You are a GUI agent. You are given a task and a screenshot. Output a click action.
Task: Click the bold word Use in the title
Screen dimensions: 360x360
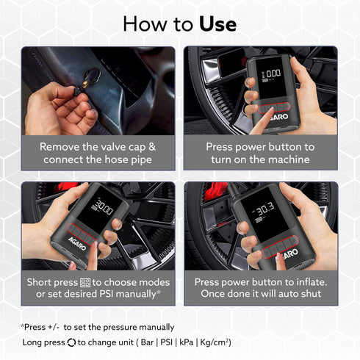click(217, 24)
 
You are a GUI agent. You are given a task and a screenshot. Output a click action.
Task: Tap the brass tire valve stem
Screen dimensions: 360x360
click(86, 84)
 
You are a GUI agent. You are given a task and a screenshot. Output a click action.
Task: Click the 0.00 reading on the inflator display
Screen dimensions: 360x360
click(273, 73)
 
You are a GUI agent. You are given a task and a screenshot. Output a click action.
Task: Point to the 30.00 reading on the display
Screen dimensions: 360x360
click(104, 208)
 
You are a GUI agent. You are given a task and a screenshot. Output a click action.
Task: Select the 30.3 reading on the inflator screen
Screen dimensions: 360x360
click(265, 209)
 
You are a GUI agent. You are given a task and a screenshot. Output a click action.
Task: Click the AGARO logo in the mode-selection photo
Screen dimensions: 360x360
click(77, 243)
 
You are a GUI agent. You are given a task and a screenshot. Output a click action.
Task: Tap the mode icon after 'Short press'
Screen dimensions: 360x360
click(85, 282)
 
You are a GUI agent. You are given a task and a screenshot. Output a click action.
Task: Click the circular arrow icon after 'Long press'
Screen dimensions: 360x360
click(71, 342)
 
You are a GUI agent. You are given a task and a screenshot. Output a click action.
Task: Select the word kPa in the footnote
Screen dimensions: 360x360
click(187, 342)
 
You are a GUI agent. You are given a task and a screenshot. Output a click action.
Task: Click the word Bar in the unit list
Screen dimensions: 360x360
click(147, 342)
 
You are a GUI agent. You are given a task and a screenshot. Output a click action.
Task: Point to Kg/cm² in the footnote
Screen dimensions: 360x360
click(215, 342)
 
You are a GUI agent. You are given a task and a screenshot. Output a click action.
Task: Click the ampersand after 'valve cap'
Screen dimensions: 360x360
click(152, 147)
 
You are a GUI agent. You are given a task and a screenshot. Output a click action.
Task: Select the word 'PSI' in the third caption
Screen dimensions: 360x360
click(107, 294)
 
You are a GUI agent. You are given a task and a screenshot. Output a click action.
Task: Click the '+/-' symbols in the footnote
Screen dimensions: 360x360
click(54, 327)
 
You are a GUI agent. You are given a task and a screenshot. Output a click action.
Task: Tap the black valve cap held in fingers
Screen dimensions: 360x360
click(77, 91)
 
